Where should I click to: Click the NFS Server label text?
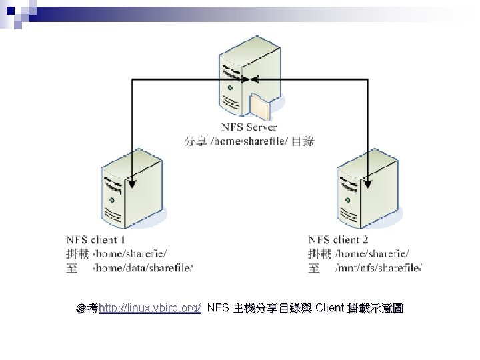click(x=249, y=127)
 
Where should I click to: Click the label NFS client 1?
click(x=96, y=239)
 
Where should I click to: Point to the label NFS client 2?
click(x=339, y=239)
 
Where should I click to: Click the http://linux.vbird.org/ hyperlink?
click(x=149, y=308)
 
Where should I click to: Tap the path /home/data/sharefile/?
click(x=143, y=268)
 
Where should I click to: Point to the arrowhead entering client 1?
click(x=131, y=183)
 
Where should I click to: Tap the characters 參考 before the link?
click(x=87, y=308)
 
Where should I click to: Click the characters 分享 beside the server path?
click(x=195, y=141)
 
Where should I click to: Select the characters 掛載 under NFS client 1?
click(x=77, y=253)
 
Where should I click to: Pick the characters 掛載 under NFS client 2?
click(x=320, y=253)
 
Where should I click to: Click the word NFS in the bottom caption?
click(x=217, y=308)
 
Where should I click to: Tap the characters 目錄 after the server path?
click(x=303, y=141)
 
